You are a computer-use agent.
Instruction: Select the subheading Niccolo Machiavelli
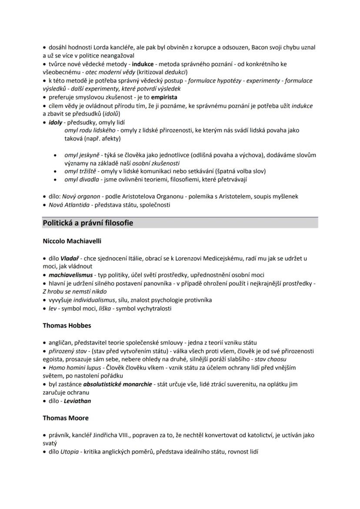[72, 241]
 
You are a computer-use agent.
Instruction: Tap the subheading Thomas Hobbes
[67, 325]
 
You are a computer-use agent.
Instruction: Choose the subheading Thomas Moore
[66, 418]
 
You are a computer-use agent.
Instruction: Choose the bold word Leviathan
[77, 401]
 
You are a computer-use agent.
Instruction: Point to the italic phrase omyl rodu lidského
[90, 130]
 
